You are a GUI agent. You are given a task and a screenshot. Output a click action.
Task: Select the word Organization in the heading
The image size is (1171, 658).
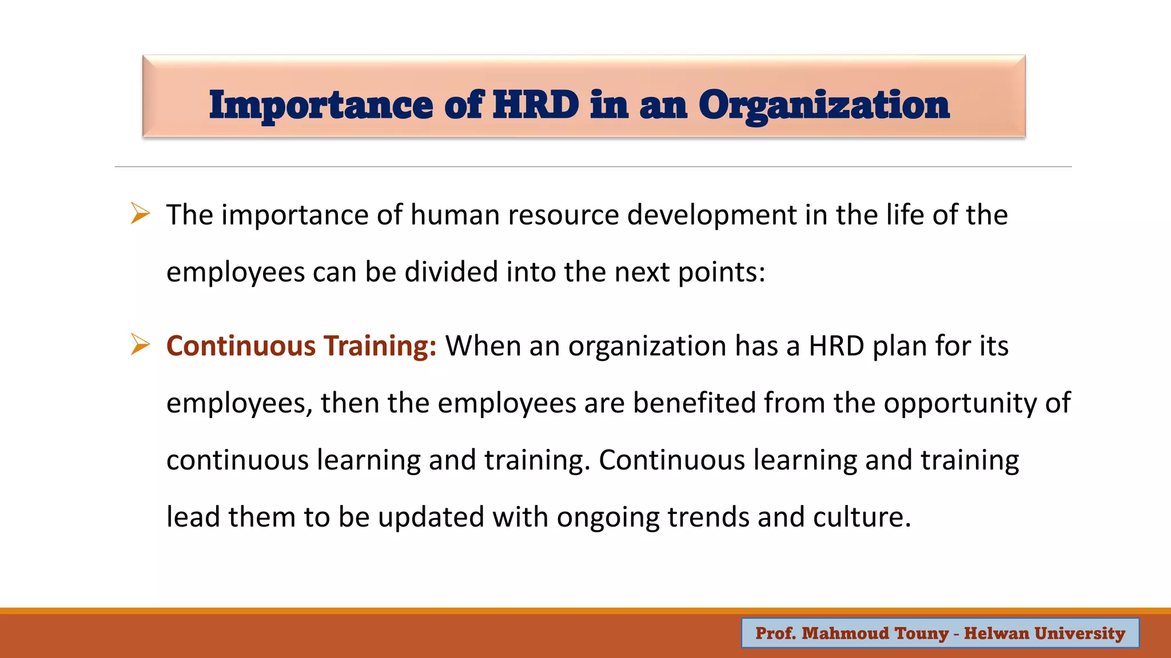coord(823,106)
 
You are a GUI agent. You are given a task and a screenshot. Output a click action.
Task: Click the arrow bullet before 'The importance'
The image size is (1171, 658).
coord(140,214)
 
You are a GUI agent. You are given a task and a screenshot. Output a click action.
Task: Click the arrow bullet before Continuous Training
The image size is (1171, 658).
coord(140,344)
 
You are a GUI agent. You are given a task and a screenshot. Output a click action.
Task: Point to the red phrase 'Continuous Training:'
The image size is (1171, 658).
coord(301,346)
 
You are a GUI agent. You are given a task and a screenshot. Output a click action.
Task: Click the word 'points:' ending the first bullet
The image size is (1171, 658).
coord(721,272)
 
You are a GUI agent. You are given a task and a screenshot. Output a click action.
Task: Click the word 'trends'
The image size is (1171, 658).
coord(708,517)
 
